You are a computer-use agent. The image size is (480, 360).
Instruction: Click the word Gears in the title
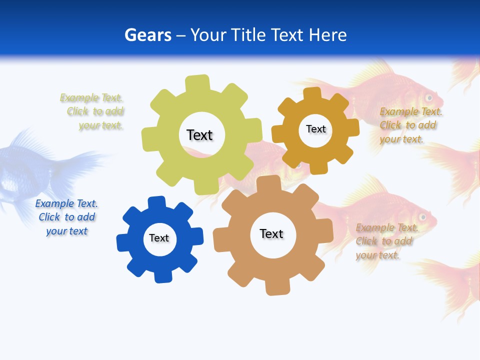[x=147, y=35]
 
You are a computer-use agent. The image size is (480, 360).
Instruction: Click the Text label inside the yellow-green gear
[x=199, y=135]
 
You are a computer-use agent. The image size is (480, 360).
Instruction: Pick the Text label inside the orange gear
[x=315, y=129]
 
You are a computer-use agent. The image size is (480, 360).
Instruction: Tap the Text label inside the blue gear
[x=159, y=238]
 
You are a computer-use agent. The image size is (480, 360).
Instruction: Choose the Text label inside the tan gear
[x=271, y=233]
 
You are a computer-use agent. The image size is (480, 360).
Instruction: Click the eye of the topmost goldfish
[x=428, y=96]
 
